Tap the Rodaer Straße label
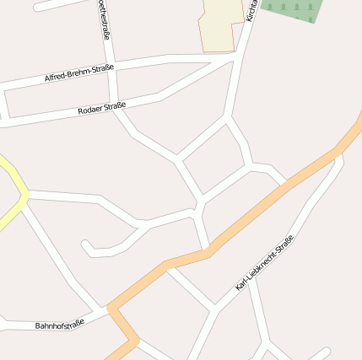(x=101, y=108)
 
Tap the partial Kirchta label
(x=250, y=10)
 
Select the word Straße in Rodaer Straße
(x=115, y=105)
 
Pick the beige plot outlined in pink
(x=221, y=24)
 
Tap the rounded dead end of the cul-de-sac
(x=86, y=246)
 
